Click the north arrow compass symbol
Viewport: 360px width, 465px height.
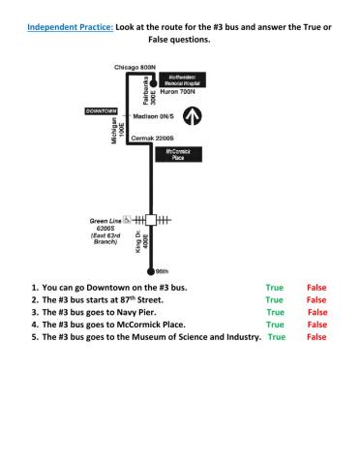pyautogui.click(x=193, y=116)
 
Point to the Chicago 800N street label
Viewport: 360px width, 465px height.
pyautogui.click(x=135, y=67)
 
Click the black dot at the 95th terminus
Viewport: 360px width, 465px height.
pyautogui.click(x=149, y=272)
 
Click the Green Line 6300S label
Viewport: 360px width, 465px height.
pyautogui.click(x=104, y=231)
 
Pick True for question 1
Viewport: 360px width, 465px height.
pyautogui.click(x=274, y=289)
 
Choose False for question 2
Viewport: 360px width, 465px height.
pyautogui.click(x=316, y=301)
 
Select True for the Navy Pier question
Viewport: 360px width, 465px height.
pyautogui.click(x=275, y=313)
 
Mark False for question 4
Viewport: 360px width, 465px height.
pyautogui.click(x=316, y=325)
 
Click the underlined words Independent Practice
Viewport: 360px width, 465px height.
pyautogui.click(x=69, y=28)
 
